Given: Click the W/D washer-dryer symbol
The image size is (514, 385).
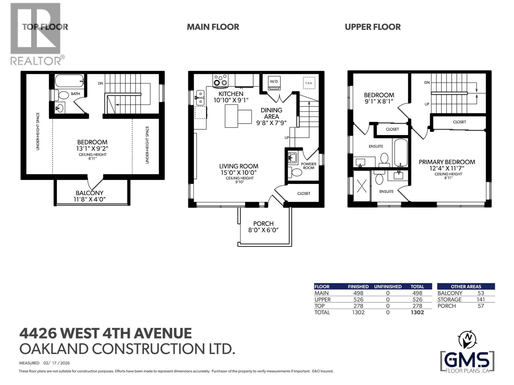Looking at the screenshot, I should coord(274,83).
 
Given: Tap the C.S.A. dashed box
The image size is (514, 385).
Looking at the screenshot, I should coord(309,83).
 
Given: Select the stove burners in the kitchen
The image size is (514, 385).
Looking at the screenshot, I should coord(220,80).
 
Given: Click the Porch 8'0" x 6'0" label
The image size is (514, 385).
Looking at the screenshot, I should coord(263,227).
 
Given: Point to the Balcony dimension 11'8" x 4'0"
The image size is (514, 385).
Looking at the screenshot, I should coord(89,199).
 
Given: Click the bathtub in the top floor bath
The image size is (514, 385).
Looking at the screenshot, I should coord(69,81).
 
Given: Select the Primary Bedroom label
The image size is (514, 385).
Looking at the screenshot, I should coord(447,162).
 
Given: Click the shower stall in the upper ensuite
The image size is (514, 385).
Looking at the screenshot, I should coord(362,185).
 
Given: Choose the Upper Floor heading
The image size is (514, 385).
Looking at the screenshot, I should coord(373,27).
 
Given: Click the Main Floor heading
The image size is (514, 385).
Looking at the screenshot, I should coord(213,27).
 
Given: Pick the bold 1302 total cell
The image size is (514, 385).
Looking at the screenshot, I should coord(417,312).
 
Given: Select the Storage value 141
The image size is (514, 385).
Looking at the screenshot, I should coord(481,299).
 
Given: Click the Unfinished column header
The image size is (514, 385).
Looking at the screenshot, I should coord(387,287).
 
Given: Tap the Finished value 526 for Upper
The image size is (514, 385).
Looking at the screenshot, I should coord(358,299).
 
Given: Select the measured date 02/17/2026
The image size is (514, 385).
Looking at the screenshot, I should coord(58,363).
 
